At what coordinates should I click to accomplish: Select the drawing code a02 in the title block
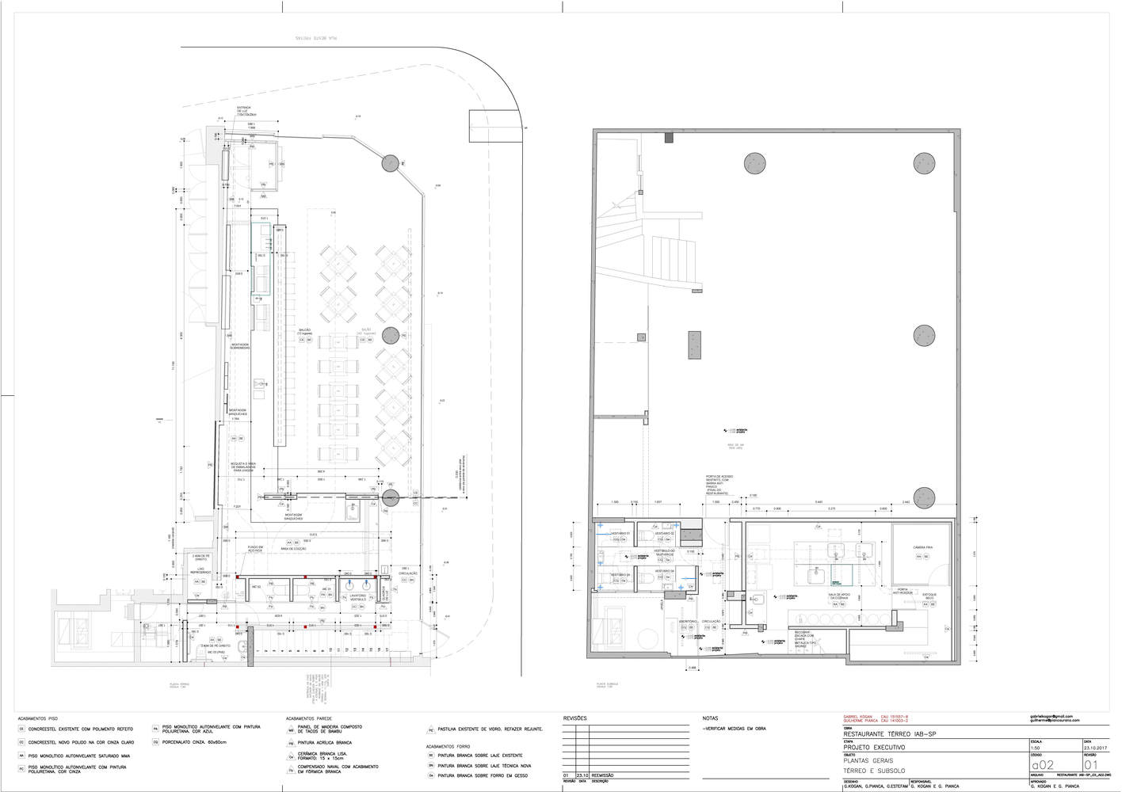point(1042,765)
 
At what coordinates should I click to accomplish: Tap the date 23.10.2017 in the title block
point(1095,748)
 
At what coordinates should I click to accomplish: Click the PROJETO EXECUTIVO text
point(874,748)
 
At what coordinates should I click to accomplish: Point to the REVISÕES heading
point(574,718)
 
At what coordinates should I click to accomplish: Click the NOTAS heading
point(710,718)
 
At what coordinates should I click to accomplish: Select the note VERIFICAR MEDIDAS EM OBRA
point(735,728)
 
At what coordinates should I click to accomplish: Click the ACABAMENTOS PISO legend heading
point(37,718)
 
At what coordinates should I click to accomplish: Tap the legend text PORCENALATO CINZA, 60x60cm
point(194,743)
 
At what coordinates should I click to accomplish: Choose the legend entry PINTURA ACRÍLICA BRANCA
point(325,743)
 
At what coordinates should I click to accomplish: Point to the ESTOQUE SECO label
point(929,596)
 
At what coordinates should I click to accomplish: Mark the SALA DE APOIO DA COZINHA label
point(839,596)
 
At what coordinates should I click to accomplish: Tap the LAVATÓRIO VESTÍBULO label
point(358,597)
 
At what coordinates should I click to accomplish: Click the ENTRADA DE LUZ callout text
point(244,112)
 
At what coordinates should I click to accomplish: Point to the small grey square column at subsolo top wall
point(669,138)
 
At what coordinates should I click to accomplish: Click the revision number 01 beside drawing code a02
point(1091,765)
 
